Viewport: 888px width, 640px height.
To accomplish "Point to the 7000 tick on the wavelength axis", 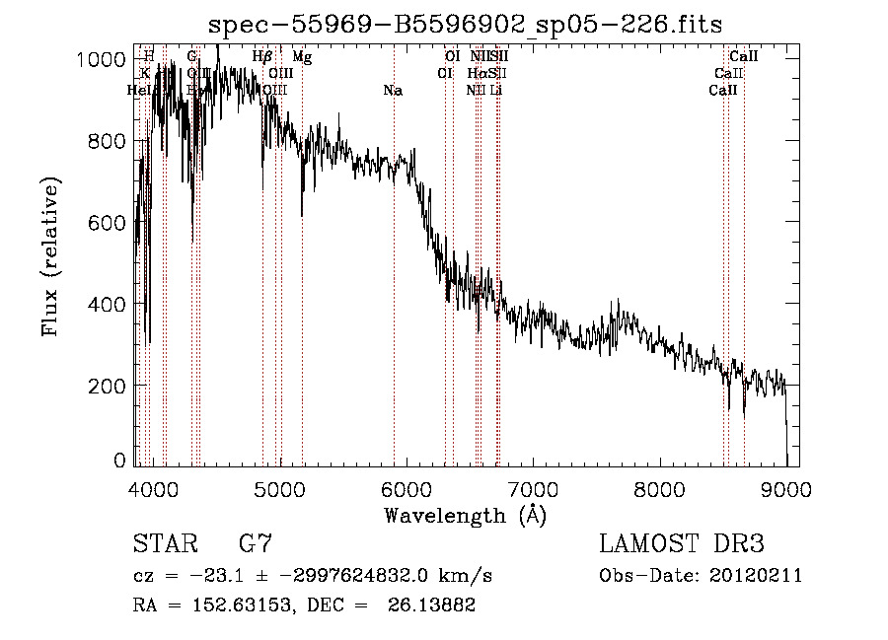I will point(533,487).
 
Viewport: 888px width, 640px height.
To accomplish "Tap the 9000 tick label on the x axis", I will point(785,487).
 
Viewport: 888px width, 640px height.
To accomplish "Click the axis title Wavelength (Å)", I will point(465,515).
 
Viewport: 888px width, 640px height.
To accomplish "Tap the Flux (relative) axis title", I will point(51,256).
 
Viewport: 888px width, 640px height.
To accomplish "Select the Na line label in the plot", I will point(393,91).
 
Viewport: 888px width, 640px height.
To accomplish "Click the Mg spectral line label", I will point(303,58).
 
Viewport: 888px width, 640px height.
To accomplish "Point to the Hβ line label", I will point(262,58).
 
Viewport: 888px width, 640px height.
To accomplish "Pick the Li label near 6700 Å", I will point(496,91).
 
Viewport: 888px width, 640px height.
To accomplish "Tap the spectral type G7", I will point(255,543).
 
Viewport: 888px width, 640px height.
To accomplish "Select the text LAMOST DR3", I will point(681,543).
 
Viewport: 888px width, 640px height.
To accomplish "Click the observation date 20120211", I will point(756,576).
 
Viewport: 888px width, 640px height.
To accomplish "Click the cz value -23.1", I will point(210,576).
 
